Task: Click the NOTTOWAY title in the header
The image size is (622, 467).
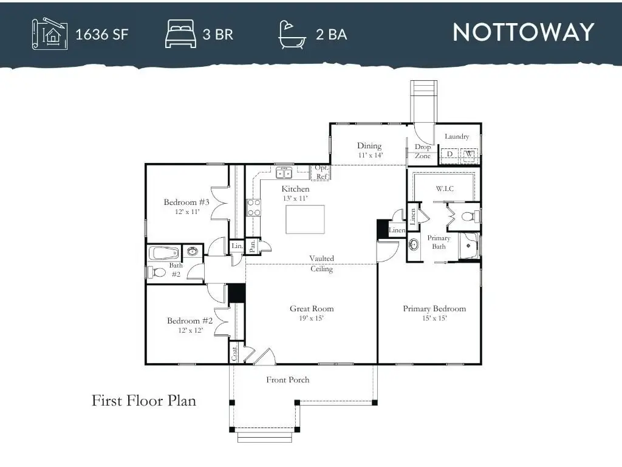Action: click(523, 32)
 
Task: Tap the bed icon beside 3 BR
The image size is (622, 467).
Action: click(180, 34)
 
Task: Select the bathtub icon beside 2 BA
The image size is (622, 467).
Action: click(292, 35)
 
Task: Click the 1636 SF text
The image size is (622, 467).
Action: click(102, 35)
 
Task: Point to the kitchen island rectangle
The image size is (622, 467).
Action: click(305, 219)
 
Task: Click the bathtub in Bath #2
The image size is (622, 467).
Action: click(164, 253)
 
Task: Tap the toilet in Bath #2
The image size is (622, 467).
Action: click(157, 272)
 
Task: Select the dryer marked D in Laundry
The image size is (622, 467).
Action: click(449, 154)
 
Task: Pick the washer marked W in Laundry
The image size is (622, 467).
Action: click(469, 154)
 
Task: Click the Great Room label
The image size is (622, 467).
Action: click(312, 308)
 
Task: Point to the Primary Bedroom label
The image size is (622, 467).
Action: click(434, 308)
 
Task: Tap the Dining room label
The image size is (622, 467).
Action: click(369, 146)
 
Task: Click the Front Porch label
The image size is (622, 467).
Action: click(287, 379)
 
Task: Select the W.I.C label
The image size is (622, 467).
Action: click(445, 189)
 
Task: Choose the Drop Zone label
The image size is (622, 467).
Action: click(423, 151)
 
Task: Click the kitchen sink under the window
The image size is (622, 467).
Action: click(284, 173)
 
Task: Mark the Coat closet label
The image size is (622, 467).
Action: click(234, 353)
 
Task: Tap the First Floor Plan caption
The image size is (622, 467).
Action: click(144, 400)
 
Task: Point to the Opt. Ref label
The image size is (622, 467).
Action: click(321, 172)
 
